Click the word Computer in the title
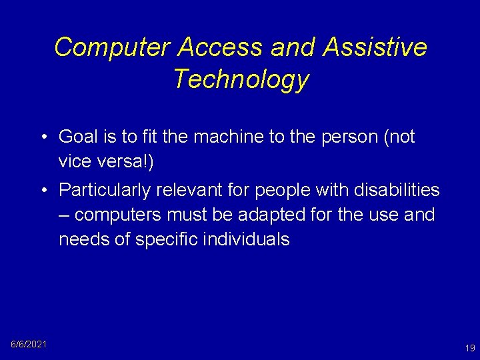(112, 47)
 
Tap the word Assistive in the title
(375, 47)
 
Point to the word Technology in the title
(241, 79)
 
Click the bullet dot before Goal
(42, 137)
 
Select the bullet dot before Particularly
(42, 191)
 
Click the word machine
(238, 137)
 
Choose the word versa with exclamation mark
(127, 162)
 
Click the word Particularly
(105, 191)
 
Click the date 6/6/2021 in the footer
(29, 344)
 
